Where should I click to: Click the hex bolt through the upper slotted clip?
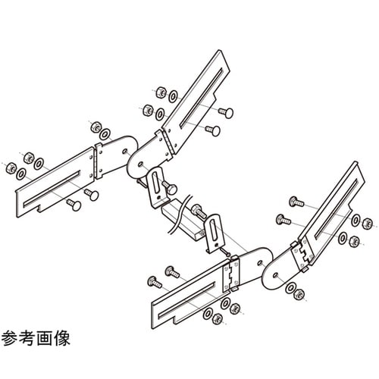tap(171, 186)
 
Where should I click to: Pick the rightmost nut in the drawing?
tap(370, 224)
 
